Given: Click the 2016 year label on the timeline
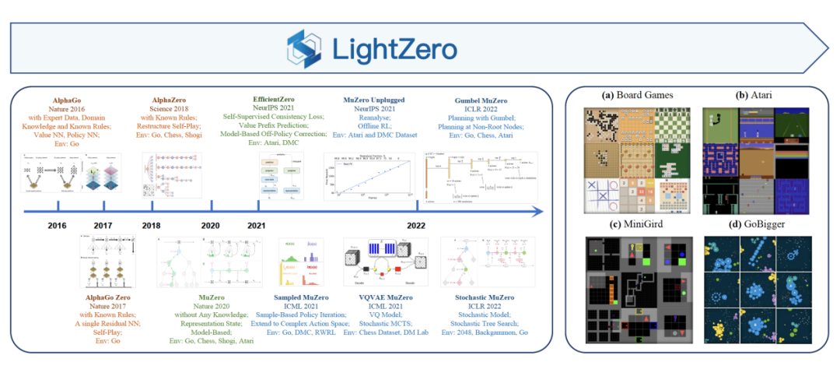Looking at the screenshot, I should (x=57, y=226).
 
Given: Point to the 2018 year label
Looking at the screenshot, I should (x=151, y=226).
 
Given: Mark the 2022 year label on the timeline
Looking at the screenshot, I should (x=416, y=226).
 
